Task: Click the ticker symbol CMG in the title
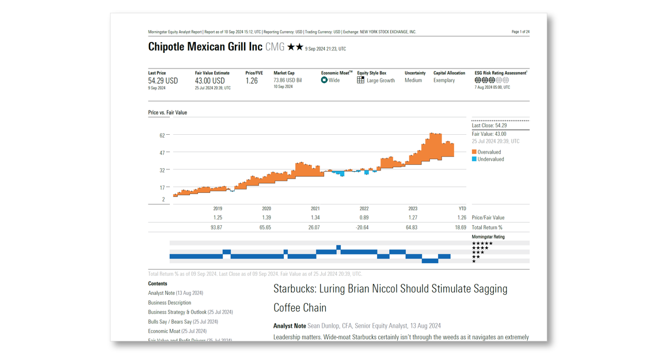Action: coord(275,47)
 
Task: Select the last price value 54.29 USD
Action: coord(163,81)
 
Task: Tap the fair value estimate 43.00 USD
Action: coord(210,81)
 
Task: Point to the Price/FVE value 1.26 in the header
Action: coord(252,81)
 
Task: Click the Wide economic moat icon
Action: coord(324,81)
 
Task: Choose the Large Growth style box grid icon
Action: coord(360,81)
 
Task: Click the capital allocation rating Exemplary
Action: coord(444,81)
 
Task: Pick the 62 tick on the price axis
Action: coord(162,135)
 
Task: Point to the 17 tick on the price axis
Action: coord(162,188)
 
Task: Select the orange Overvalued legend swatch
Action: coord(474,152)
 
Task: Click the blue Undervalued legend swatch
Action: coord(474,159)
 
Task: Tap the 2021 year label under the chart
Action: coord(315,209)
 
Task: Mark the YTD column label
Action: coord(462,209)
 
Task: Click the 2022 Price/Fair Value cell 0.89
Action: coord(364,218)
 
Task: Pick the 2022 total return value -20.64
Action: coord(362,228)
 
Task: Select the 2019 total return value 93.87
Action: coord(216,228)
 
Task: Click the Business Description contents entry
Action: coord(169,302)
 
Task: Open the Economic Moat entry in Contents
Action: coord(164,331)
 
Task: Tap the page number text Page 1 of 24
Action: coord(520,32)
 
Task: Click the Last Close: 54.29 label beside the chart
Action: coord(489,126)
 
